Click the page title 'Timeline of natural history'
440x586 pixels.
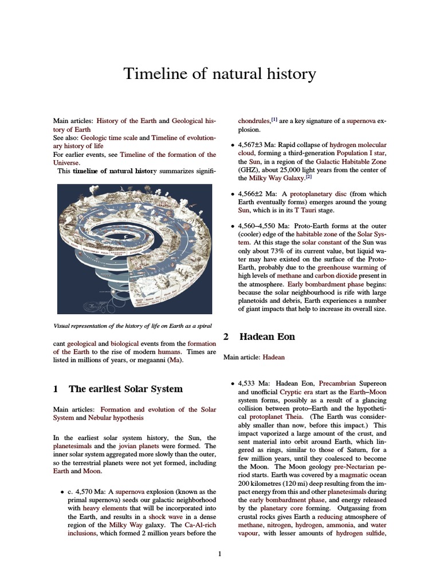pos(220,74)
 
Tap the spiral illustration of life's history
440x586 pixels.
pos(132,248)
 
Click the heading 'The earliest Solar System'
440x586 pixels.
pos(125,389)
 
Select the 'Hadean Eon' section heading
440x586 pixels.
pos(267,337)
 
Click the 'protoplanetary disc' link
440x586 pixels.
pos(318,194)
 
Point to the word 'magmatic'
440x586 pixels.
pos(355,474)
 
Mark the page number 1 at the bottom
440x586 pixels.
pos(219,554)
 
